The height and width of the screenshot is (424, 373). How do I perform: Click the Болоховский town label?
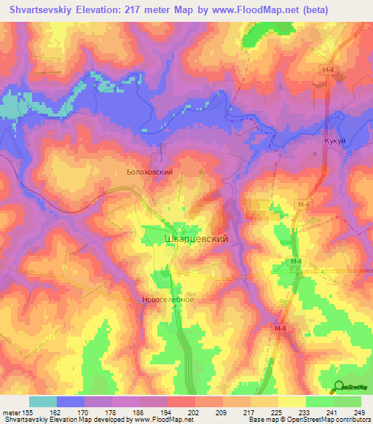tap(149, 173)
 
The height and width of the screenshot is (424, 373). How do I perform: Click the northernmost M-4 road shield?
tap(328, 69)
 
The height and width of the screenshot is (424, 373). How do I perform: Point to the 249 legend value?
tap(359, 412)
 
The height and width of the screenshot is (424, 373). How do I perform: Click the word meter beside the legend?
tap(11, 412)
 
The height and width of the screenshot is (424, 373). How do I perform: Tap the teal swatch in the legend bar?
tap(42, 401)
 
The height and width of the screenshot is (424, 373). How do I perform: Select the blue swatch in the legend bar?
tap(71, 401)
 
